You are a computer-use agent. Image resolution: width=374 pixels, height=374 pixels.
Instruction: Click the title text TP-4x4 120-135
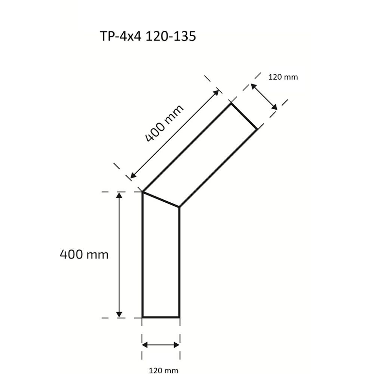click(147, 36)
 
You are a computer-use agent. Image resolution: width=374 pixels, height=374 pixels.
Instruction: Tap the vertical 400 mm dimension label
click(84, 255)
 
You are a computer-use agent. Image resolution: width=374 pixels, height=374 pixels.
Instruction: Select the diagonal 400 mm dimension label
click(165, 123)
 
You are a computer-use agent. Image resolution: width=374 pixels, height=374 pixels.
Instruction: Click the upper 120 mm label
click(283, 77)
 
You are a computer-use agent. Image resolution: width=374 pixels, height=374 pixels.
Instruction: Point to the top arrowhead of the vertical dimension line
click(119, 195)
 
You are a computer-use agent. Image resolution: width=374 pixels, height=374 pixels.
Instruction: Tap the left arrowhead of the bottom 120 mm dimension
click(145, 345)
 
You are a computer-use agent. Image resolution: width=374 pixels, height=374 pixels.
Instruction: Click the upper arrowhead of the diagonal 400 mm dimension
click(217, 92)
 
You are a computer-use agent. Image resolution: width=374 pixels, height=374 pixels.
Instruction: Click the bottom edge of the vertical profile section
click(161, 317)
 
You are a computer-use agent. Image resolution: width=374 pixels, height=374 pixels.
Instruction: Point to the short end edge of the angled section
click(244, 117)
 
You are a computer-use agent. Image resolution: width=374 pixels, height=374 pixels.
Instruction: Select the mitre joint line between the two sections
click(161, 199)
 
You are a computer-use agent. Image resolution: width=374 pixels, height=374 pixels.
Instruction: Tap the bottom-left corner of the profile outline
click(142, 317)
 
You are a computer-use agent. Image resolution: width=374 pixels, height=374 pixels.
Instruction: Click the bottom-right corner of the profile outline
click(180, 317)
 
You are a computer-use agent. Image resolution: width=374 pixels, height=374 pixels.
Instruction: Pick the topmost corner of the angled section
click(231, 104)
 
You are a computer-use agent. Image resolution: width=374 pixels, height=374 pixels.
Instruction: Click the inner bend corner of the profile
click(180, 206)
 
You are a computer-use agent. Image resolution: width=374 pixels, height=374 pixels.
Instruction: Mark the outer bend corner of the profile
click(142, 192)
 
